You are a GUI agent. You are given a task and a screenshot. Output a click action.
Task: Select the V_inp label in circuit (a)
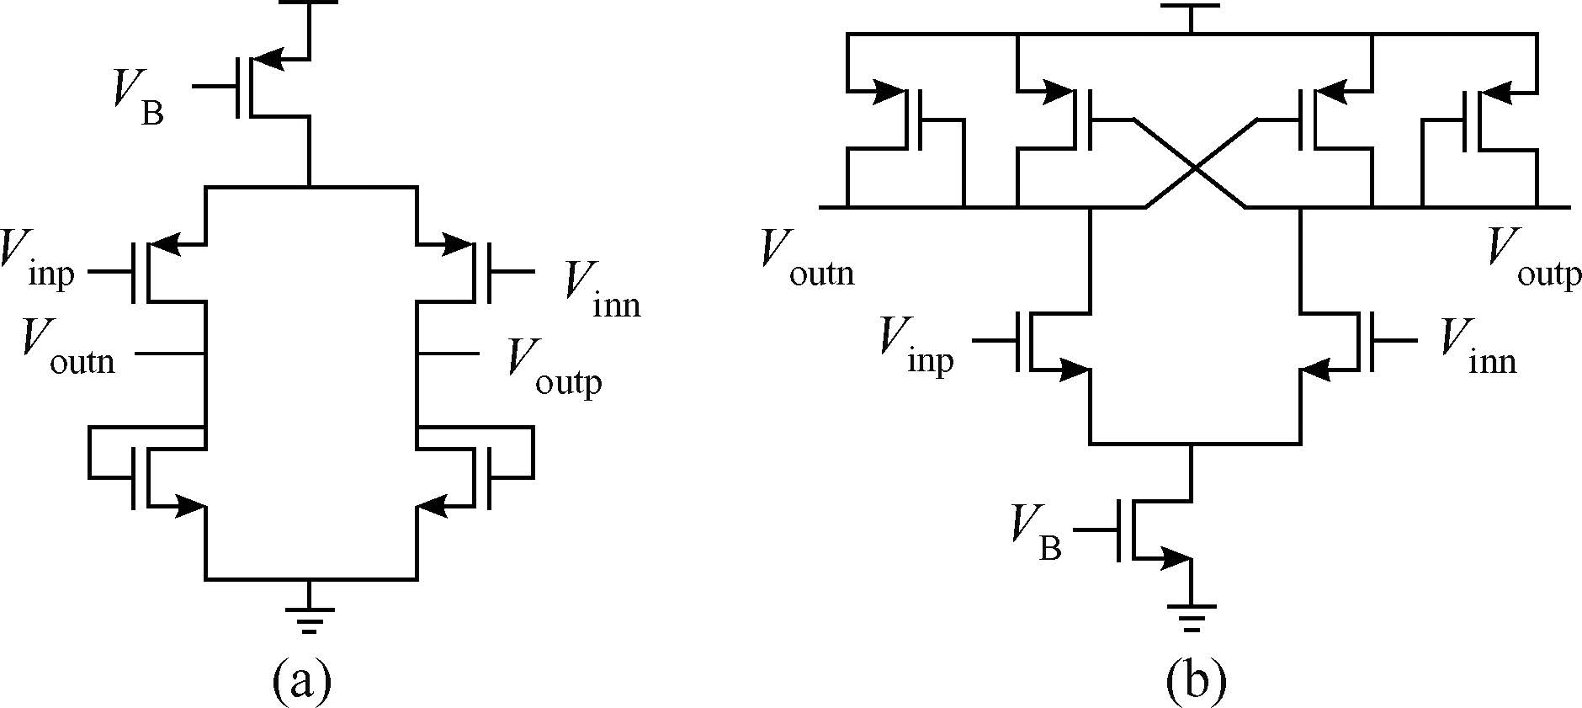tap(38, 261)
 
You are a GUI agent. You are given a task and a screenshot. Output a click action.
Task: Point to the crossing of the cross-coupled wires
tap(1195, 167)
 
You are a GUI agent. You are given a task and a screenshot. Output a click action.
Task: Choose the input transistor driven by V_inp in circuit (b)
tap(1043, 341)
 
